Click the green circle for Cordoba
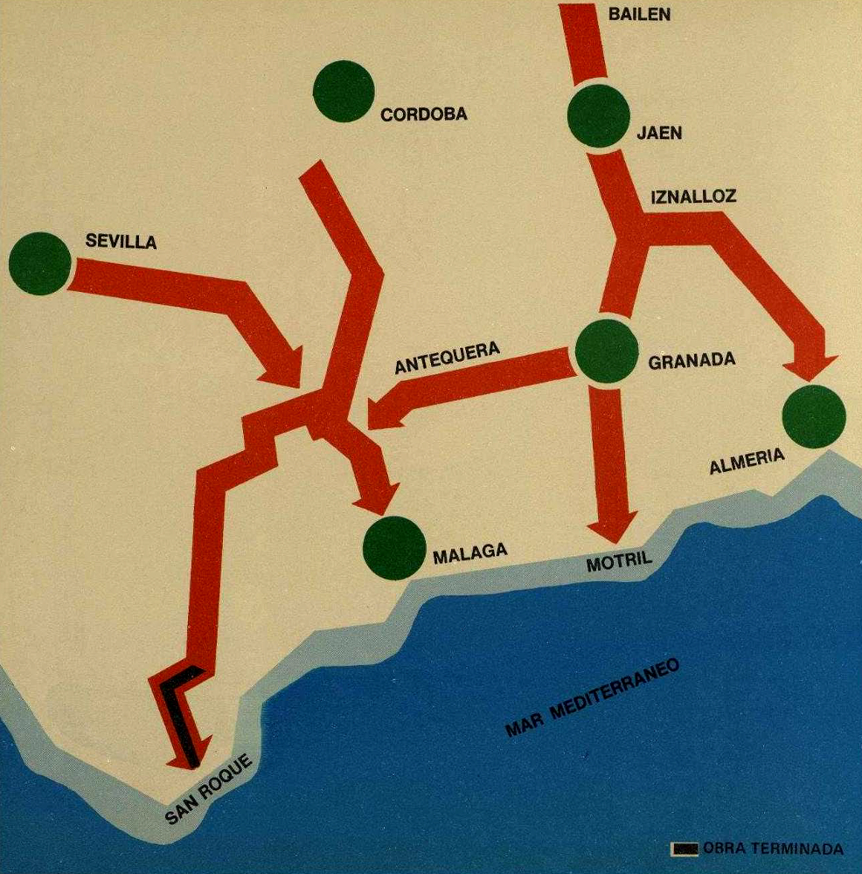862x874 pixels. point(343,91)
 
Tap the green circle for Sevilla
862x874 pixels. point(39,262)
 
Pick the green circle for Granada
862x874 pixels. point(605,351)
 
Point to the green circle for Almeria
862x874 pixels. point(814,416)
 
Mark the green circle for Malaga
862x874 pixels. point(394,548)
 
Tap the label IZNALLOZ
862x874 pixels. point(693,196)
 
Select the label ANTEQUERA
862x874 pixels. point(447,357)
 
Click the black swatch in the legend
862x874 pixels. point(684,849)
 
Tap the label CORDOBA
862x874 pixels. point(424,114)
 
